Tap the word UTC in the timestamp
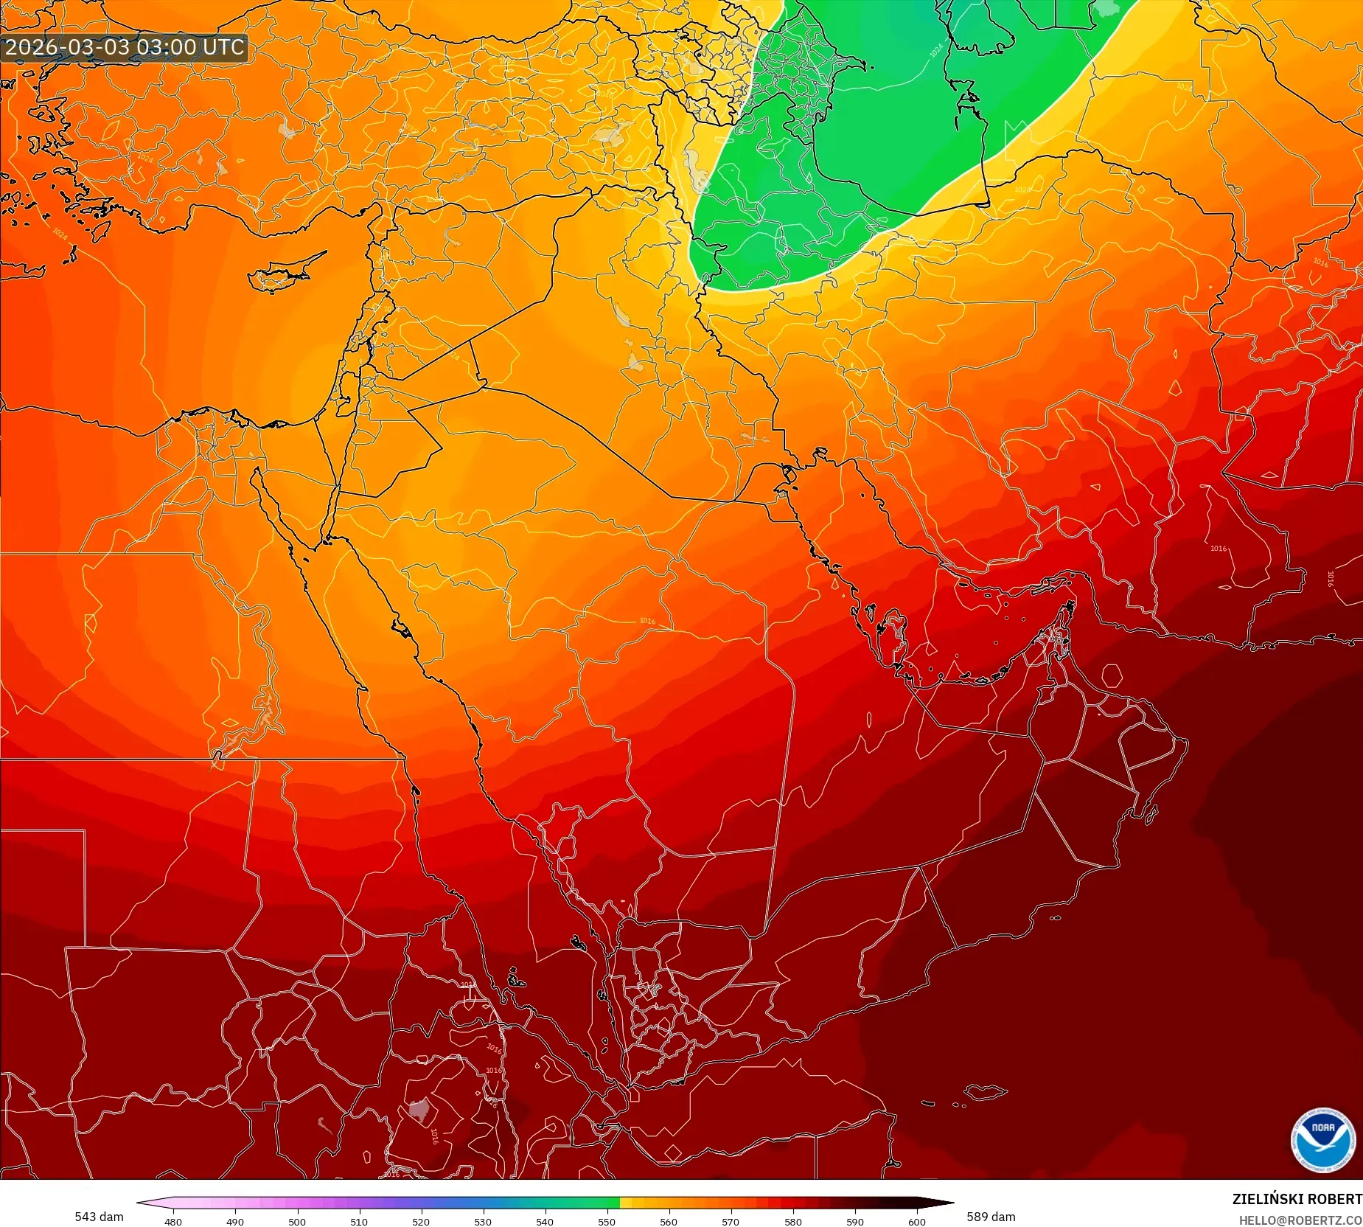coord(223,47)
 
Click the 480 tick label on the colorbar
coord(173,1222)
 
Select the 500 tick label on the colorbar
coord(297,1222)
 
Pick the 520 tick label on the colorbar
coord(421,1222)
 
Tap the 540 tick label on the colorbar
coord(545,1222)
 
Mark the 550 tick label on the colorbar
coord(607,1222)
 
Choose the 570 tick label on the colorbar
coord(731,1222)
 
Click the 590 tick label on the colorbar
coord(854,1222)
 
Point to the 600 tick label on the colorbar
coord(916,1222)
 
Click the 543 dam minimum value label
coord(99,1217)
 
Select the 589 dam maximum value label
coord(991,1217)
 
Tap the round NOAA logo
coord(1322,1140)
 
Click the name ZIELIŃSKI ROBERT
coord(1297,1200)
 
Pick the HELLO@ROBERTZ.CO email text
coord(1300,1220)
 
